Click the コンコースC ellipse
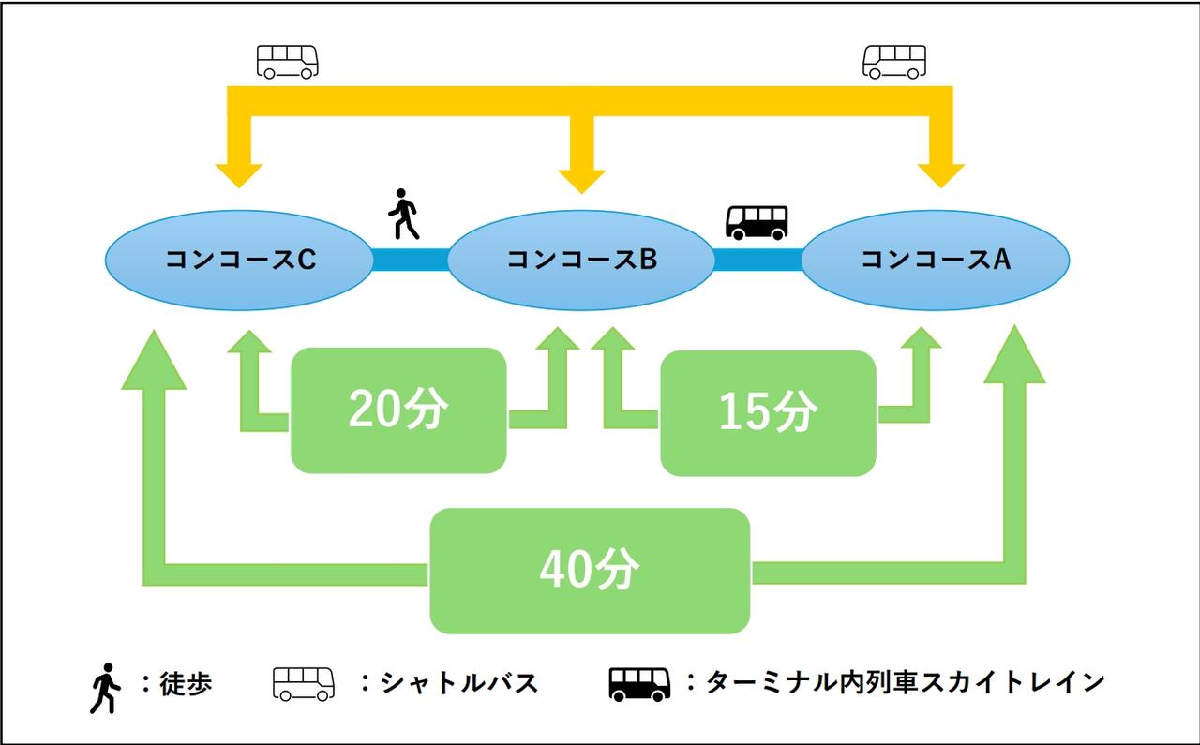[x=240, y=260]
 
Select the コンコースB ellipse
[x=581, y=260]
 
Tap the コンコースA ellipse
[x=935, y=260]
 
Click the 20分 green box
[x=398, y=410]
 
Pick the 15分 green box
[x=768, y=412]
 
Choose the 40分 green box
[x=590, y=571]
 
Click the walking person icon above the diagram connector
[x=403, y=216]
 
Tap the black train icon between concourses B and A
[x=757, y=222]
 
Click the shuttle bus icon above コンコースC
[x=288, y=61]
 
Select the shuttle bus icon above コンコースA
[x=893, y=61]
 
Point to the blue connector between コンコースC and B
[x=410, y=260]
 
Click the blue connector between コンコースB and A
[x=757, y=260]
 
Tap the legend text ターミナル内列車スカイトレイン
[x=905, y=682]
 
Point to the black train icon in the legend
[x=639, y=685]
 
